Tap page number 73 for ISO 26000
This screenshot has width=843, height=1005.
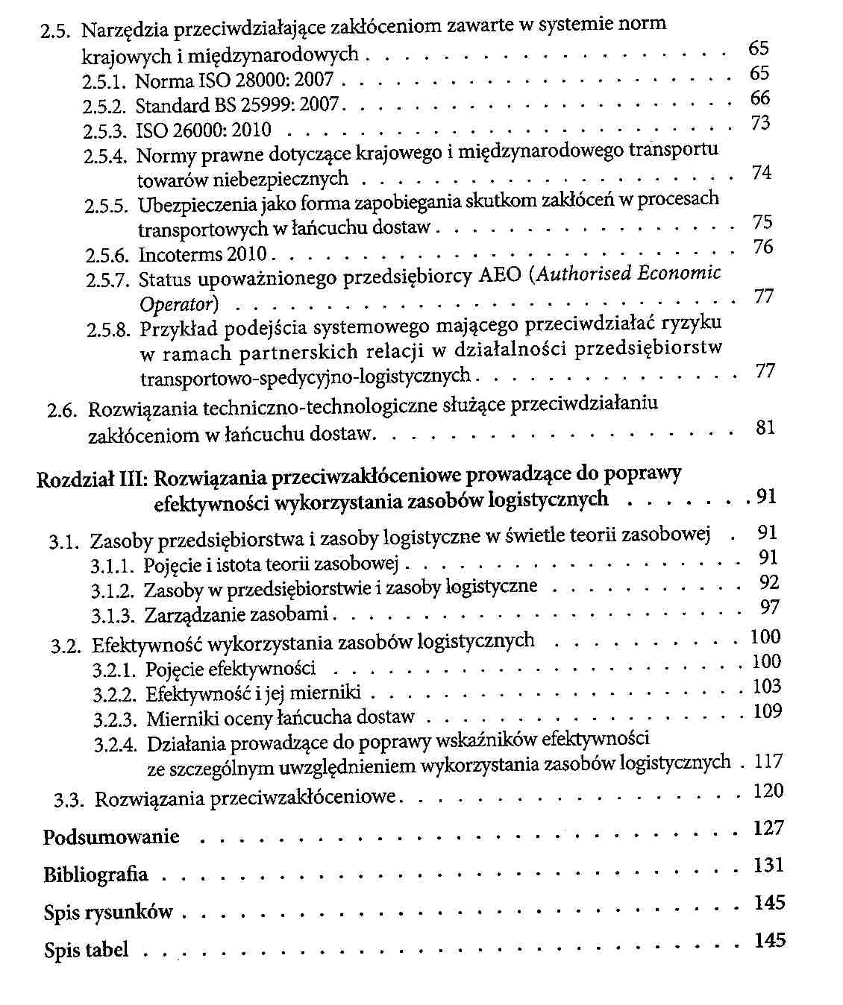click(760, 123)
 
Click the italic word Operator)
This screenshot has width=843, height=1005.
click(179, 304)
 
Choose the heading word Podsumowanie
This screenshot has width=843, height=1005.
click(111, 837)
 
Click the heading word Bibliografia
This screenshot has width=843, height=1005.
click(95, 875)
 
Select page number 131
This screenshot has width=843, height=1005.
click(769, 866)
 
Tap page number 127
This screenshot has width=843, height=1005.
click(768, 828)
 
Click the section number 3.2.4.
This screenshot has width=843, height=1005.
click(116, 746)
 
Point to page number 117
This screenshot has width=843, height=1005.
click(768, 761)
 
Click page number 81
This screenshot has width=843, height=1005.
click(765, 428)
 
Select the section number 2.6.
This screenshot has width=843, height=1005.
click(62, 410)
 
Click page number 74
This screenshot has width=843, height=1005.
click(762, 173)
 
